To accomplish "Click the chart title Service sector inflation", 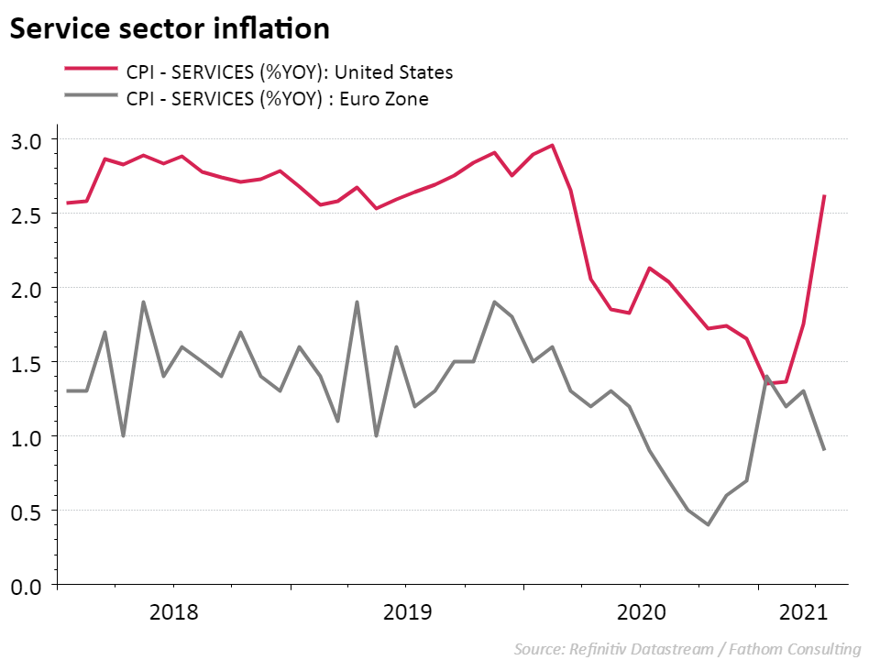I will coord(170,28).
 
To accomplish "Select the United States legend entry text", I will coord(290,71).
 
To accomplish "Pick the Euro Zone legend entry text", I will coord(278,98).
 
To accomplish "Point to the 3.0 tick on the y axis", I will coord(28,140).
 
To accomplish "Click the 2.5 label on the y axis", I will coord(28,214).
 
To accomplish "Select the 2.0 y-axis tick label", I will coord(28,289).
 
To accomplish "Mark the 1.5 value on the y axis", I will coord(28,363).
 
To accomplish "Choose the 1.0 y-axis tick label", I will coord(28,437).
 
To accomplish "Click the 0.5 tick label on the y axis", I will coord(28,511).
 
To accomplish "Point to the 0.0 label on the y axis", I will coord(28,586).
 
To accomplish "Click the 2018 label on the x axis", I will coord(173,611).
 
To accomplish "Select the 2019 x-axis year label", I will coord(406,611).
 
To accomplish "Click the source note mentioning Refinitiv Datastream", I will coord(687,649).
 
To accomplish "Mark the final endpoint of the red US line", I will coord(824,196).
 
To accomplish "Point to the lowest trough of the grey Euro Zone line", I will coord(708,524).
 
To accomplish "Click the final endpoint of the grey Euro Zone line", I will coord(824,449).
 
